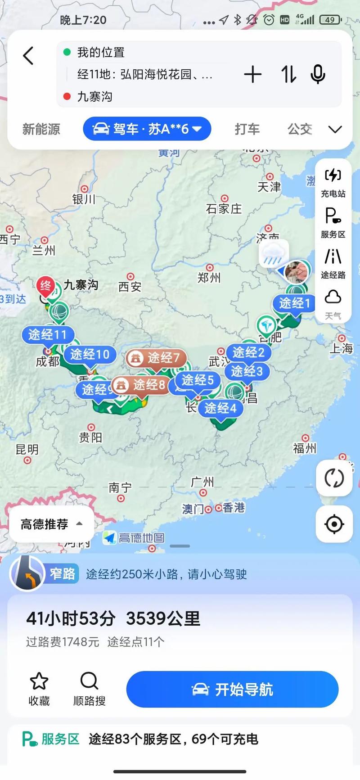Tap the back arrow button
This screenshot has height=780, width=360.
coord(28,56)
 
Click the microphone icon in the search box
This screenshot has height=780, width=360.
coord(318,74)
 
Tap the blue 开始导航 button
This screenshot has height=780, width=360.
coord(232,689)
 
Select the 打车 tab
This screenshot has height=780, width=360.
coord(247,130)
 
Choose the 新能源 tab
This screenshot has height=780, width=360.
coord(41,130)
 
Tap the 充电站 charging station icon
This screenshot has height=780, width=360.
coord(333,175)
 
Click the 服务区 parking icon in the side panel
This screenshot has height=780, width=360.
coord(333,216)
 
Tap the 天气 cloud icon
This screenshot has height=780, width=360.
coord(333,298)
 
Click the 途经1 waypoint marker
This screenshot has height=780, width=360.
coord(294,303)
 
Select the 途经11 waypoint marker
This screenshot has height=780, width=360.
coord(47,334)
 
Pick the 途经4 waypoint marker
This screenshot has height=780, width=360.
coord(220,408)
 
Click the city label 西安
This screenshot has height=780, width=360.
coord(130,287)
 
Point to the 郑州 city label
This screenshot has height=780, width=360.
coord(209,277)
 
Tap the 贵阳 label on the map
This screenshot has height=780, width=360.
coord(91,437)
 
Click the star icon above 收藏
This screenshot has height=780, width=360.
coord(39,681)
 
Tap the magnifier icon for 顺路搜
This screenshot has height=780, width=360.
coord(89,681)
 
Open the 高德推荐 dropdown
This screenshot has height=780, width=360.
coord(51,524)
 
